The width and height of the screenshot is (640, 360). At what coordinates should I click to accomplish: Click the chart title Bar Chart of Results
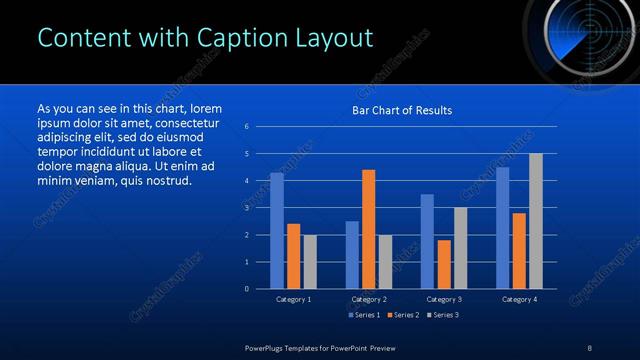click(402, 110)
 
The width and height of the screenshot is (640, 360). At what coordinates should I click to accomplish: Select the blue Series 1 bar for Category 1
click(277, 231)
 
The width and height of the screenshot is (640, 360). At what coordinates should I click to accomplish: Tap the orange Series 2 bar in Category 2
click(369, 229)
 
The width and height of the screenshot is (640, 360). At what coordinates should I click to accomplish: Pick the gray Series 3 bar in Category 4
click(536, 221)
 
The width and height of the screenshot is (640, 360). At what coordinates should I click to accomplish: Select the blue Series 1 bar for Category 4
click(502, 228)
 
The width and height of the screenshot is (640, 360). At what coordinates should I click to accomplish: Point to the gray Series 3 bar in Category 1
click(310, 262)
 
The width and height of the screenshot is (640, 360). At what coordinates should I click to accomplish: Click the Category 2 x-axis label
click(369, 299)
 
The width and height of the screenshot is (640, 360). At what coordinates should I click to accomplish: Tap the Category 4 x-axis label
click(519, 299)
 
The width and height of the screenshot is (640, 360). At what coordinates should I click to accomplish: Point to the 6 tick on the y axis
click(247, 127)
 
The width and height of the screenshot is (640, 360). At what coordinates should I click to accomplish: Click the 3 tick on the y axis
click(247, 208)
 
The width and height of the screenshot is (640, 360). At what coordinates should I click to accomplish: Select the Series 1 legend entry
click(364, 315)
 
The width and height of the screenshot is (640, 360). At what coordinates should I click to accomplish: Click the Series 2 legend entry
click(402, 315)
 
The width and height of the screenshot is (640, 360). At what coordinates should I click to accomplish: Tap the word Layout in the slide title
click(330, 38)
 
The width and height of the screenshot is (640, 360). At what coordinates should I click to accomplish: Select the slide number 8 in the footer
click(589, 347)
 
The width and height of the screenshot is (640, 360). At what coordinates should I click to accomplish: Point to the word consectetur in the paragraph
click(183, 123)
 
